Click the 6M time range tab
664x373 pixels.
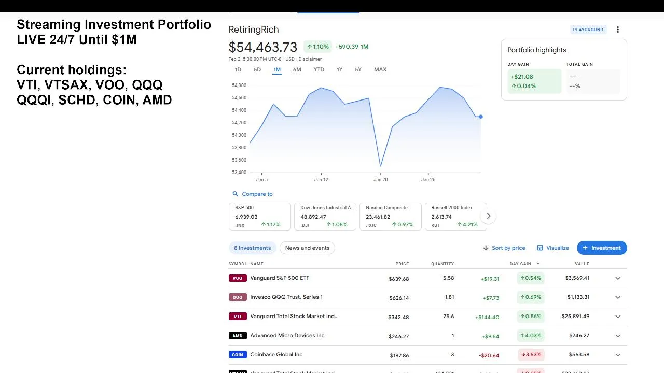coord(297,69)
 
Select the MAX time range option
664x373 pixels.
coord(380,69)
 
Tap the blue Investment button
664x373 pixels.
coord(602,248)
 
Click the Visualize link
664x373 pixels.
coord(553,248)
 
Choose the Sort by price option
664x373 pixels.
coord(504,248)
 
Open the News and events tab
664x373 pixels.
coord(307,248)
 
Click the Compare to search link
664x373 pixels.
coord(253,194)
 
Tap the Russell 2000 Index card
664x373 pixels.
coord(455,216)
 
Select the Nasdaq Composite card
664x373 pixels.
coord(391,216)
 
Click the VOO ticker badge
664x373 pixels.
coord(237,278)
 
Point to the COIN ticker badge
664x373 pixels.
coord(237,355)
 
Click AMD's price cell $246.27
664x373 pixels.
coord(398,336)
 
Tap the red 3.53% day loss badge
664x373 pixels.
coord(531,355)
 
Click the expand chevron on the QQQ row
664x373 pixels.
coord(618,297)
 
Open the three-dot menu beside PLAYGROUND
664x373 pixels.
coord(618,30)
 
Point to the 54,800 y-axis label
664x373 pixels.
coord(239,85)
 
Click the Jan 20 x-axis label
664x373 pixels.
coord(380,180)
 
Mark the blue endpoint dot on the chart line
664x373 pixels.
coord(481,117)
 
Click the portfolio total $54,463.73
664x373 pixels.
coord(263,47)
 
